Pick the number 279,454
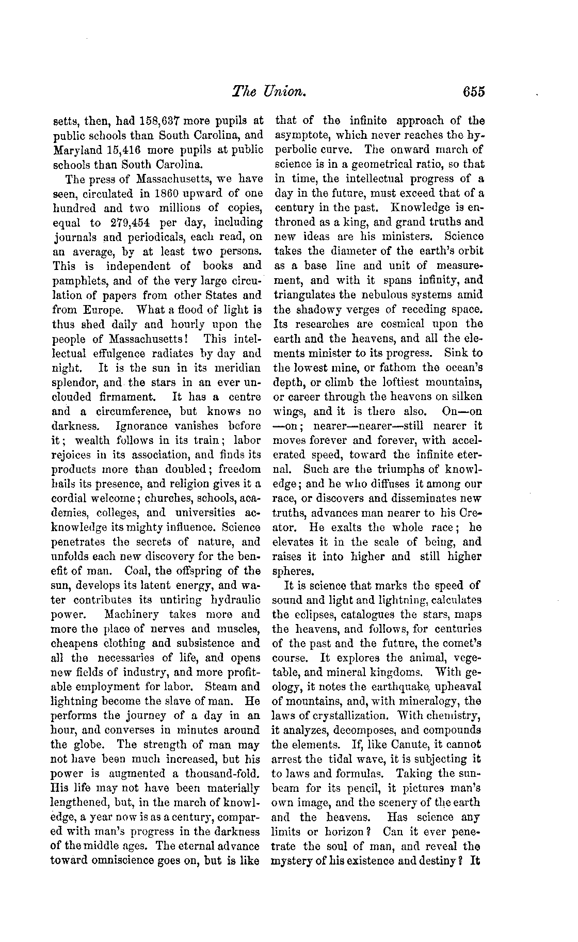[135, 222]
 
